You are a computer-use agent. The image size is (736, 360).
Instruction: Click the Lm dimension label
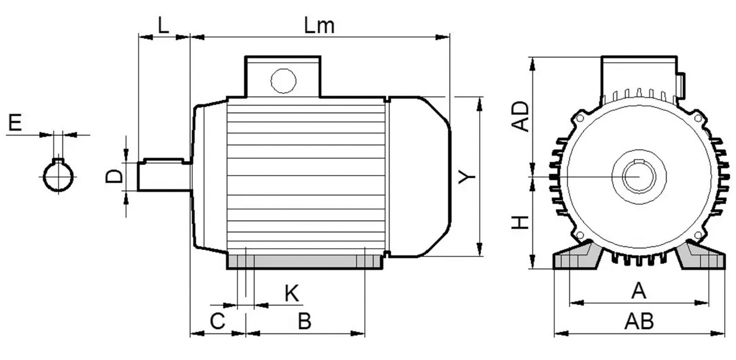(319, 25)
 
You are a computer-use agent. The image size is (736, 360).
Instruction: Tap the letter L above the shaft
(163, 25)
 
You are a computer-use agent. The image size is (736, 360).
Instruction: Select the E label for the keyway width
(15, 123)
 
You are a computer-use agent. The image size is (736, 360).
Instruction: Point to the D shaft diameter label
(114, 176)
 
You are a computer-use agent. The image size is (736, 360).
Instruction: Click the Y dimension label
(467, 177)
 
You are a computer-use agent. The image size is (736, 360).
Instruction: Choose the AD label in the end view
(521, 116)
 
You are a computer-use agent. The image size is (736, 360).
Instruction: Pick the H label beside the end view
(521, 223)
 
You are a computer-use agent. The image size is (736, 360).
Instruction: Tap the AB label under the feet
(639, 321)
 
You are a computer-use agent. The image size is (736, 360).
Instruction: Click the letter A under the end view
(639, 290)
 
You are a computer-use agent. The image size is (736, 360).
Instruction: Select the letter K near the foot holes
(292, 293)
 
